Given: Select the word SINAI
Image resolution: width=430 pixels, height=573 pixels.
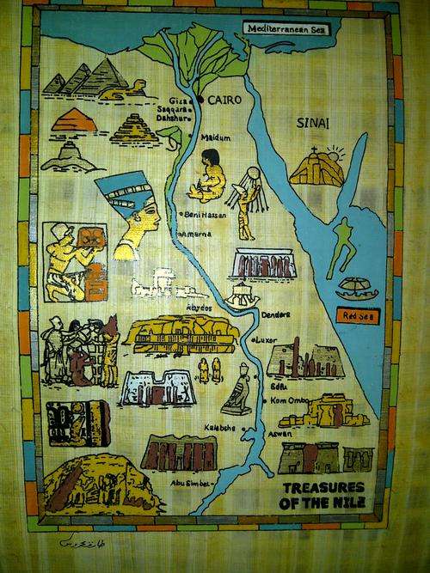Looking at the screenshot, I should [x=311, y=124].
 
